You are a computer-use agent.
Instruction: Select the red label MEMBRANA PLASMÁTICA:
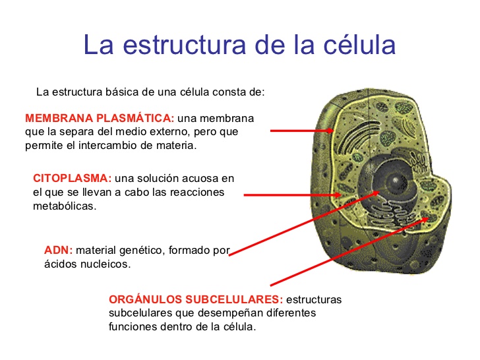pyautogui.click(x=100, y=119)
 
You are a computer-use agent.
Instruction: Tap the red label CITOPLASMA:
pyautogui.click(x=72, y=179)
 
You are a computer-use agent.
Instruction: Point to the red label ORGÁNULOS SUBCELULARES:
pyautogui.click(x=196, y=300)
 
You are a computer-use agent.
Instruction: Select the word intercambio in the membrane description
pyautogui.click(x=110, y=146)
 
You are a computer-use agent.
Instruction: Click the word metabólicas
pyautogui.click(x=65, y=206)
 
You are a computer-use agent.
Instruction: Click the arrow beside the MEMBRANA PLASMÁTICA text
pyautogui.click(x=301, y=131)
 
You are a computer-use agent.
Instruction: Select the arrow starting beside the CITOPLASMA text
pyautogui.click(x=290, y=195)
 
